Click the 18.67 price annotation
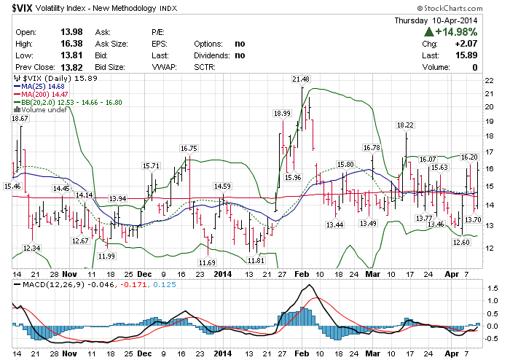20,118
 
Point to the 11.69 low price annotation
208,262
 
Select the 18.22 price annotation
405,125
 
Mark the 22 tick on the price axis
490,80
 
